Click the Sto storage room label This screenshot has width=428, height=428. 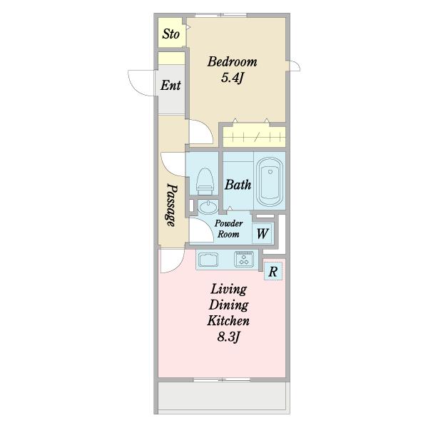171,34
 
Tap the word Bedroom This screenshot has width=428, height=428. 232,61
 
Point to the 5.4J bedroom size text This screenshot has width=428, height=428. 232,78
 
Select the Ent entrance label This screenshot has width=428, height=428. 170,85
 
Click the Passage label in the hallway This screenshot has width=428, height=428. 171,205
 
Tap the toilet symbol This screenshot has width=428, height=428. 205,181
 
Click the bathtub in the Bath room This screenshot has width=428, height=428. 270,182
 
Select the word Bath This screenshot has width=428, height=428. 238,185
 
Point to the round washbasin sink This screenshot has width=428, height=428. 208,207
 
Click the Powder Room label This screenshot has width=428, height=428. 228,229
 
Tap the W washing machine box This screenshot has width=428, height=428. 263,233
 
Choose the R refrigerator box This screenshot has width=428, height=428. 273,271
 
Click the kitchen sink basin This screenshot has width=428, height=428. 208,260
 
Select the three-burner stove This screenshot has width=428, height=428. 244,259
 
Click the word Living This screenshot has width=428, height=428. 228,290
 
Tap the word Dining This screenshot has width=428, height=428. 228,305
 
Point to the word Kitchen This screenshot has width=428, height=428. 228,320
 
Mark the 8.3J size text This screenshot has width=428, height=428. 228,337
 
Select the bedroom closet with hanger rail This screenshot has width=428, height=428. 254,137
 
